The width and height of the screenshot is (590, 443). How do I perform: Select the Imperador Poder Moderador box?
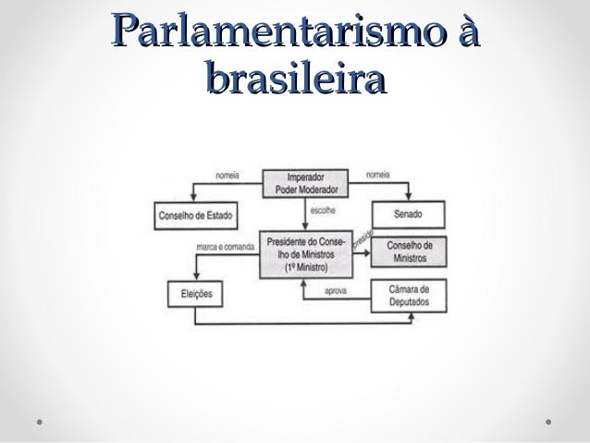306,183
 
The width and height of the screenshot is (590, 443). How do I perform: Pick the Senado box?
408,215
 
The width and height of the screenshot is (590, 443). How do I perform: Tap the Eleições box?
194,294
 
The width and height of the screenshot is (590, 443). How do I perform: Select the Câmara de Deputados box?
408,294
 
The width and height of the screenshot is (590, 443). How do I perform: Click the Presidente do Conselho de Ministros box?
306,252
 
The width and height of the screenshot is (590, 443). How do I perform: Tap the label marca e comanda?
226,247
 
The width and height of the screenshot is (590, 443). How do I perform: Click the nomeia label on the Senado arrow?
378,173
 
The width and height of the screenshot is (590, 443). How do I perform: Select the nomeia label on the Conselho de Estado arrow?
229,173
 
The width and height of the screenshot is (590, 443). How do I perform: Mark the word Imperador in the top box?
306,177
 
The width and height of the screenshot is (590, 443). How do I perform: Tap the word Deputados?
408,301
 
